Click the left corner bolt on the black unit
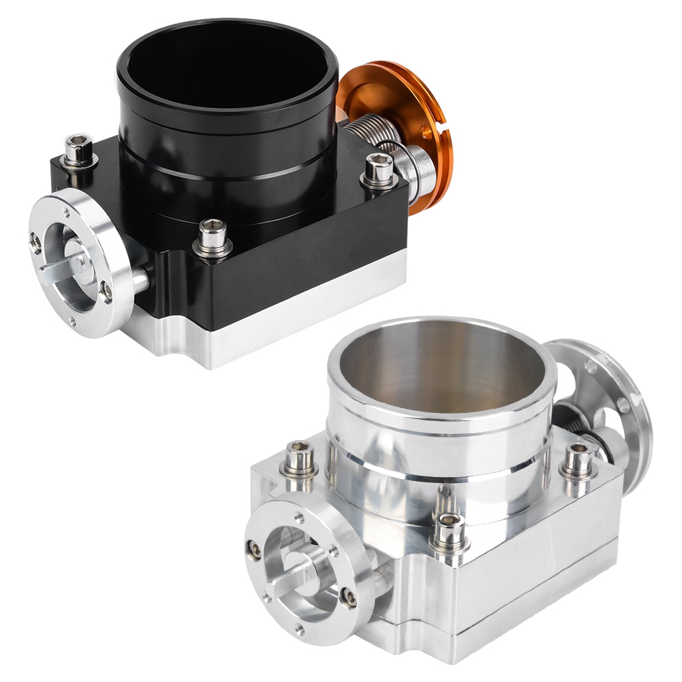78,149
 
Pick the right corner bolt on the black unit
379,168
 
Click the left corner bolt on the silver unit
300,457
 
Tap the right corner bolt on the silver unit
578,459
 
